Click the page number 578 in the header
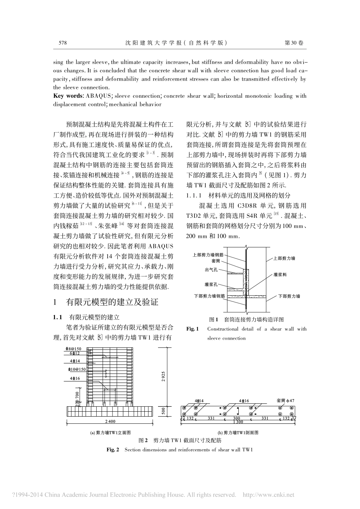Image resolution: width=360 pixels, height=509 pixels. pyautogui.click(x=63, y=43)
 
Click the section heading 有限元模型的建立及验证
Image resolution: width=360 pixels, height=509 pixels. pyautogui.click(x=112, y=302)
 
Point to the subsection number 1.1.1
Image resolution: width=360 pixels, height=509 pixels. pyautogui.click(x=195, y=196)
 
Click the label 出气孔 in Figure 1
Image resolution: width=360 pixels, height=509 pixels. pyautogui.click(x=211, y=270)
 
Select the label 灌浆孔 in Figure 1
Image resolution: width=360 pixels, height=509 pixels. pyautogui.click(x=211, y=284)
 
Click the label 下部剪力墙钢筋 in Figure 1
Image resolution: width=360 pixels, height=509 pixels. pyautogui.click(x=209, y=295)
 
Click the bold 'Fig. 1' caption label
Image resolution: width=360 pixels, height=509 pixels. pyautogui.click(x=193, y=329)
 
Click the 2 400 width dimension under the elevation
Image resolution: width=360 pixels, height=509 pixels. pyautogui.click(x=110, y=421)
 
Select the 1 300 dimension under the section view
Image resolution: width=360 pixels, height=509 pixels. pyautogui.click(x=238, y=422)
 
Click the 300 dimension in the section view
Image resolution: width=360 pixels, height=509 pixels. pyautogui.click(x=236, y=418)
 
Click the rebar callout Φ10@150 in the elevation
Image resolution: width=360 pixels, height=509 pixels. pyautogui.click(x=77, y=369)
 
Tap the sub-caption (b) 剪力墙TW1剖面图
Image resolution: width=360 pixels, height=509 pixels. pyautogui.click(x=238, y=432)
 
